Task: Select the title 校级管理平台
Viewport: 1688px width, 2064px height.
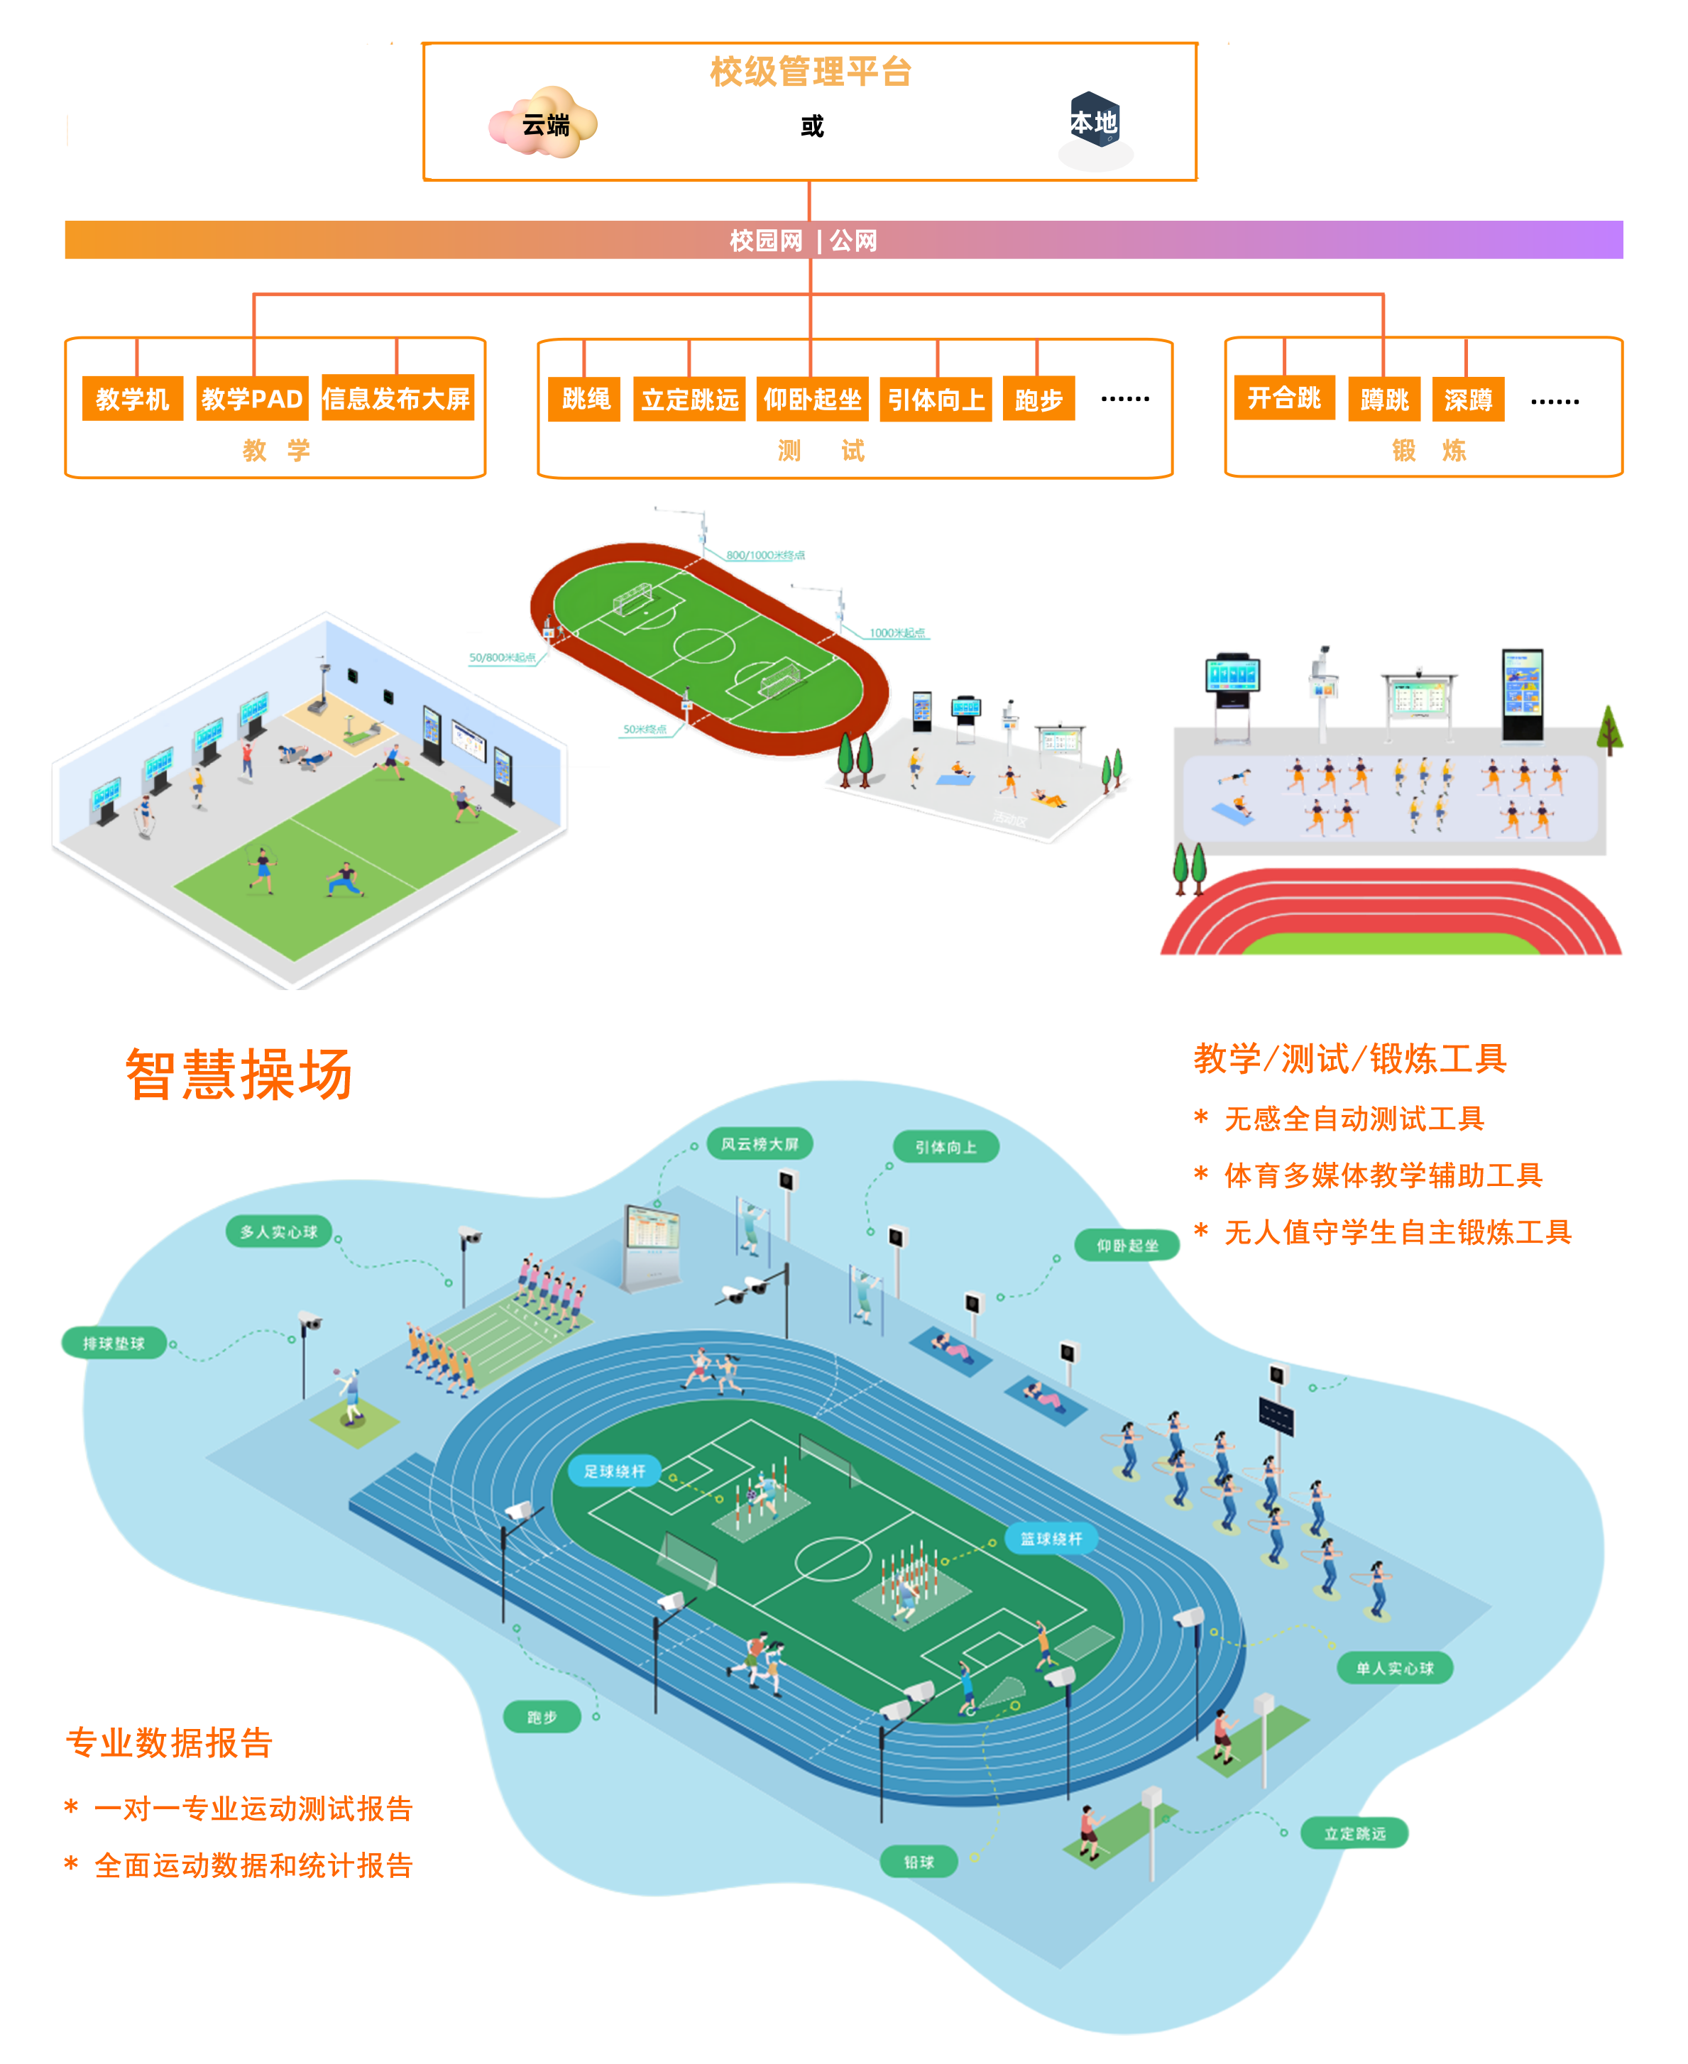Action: click(x=810, y=72)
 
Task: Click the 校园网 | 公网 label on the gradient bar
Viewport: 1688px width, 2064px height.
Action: click(x=803, y=240)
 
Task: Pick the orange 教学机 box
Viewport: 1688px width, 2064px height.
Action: click(x=132, y=399)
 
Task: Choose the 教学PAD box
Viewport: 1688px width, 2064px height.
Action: click(x=252, y=399)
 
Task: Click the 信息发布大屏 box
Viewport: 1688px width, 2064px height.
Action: click(x=397, y=399)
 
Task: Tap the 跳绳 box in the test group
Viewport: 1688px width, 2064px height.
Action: click(x=586, y=399)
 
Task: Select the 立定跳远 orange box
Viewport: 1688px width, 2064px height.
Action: click(x=689, y=400)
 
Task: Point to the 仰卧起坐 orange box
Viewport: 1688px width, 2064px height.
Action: click(x=812, y=400)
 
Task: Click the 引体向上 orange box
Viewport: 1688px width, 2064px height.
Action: click(x=936, y=400)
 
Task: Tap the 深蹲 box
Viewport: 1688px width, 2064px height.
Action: click(x=1467, y=400)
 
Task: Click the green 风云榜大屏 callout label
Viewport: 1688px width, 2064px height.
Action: click(x=760, y=1144)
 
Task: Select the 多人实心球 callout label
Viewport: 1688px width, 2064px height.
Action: click(x=279, y=1231)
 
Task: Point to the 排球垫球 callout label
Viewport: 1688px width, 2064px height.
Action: click(x=114, y=1344)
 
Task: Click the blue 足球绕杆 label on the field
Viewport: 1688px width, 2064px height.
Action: click(x=615, y=1471)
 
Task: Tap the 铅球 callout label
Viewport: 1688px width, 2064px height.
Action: click(x=918, y=1862)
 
